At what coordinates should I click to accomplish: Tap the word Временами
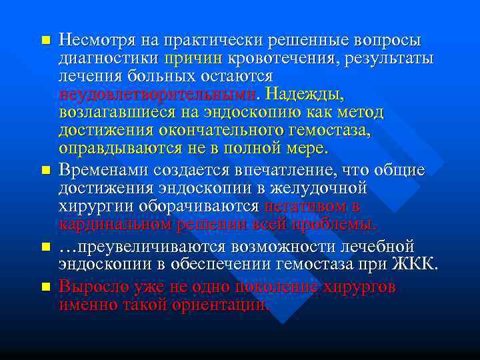103,171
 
